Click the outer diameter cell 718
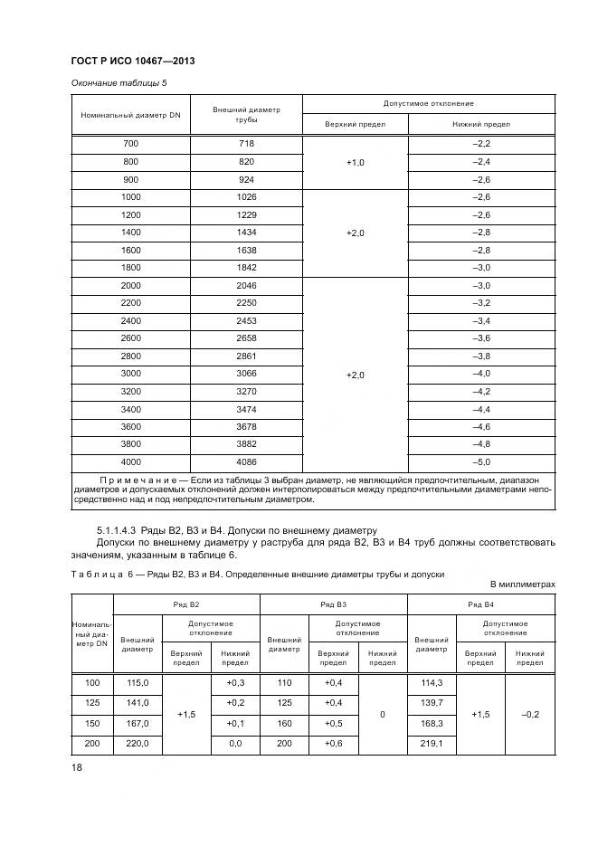(x=247, y=144)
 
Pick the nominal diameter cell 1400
(x=131, y=233)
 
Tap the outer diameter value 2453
(x=247, y=320)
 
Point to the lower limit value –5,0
(x=481, y=461)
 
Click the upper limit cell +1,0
(x=355, y=162)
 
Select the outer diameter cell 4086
(x=247, y=461)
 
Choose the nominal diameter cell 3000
(x=131, y=373)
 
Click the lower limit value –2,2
(x=481, y=144)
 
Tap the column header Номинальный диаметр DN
(x=130, y=116)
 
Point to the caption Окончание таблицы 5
(x=119, y=83)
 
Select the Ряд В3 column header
(x=334, y=603)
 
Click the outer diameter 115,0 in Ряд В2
(x=137, y=682)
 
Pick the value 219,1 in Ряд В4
(x=432, y=745)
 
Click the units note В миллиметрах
(x=523, y=585)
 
